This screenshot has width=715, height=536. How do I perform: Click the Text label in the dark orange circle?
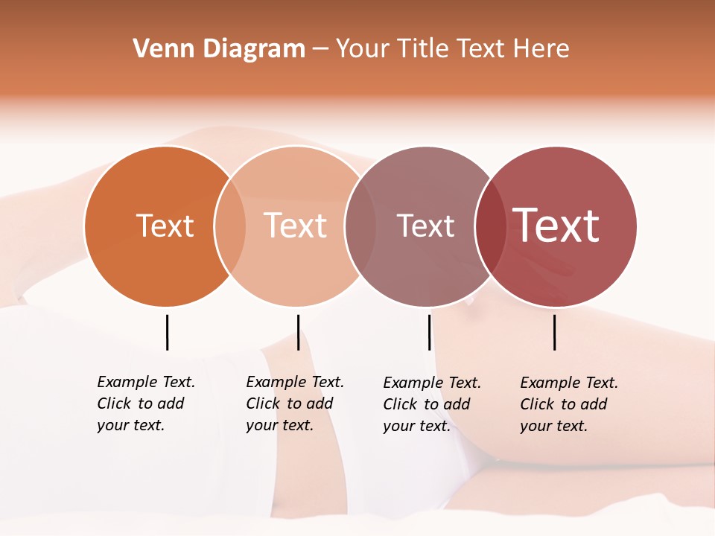165,226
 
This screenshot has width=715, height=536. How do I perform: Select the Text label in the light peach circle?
296,226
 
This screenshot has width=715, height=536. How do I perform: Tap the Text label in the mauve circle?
425,226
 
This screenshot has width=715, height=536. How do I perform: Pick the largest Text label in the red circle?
556,225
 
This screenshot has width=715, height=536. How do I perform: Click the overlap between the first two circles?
230,226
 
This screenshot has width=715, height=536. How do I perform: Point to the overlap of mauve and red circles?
491,226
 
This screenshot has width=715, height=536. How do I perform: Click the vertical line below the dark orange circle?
167,332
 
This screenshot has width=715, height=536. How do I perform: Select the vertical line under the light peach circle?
298,332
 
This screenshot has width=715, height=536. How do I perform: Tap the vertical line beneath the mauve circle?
429,332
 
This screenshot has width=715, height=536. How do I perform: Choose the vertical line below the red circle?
554,332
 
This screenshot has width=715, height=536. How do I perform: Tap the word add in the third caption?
457,404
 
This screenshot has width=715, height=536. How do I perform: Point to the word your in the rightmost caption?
536,426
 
